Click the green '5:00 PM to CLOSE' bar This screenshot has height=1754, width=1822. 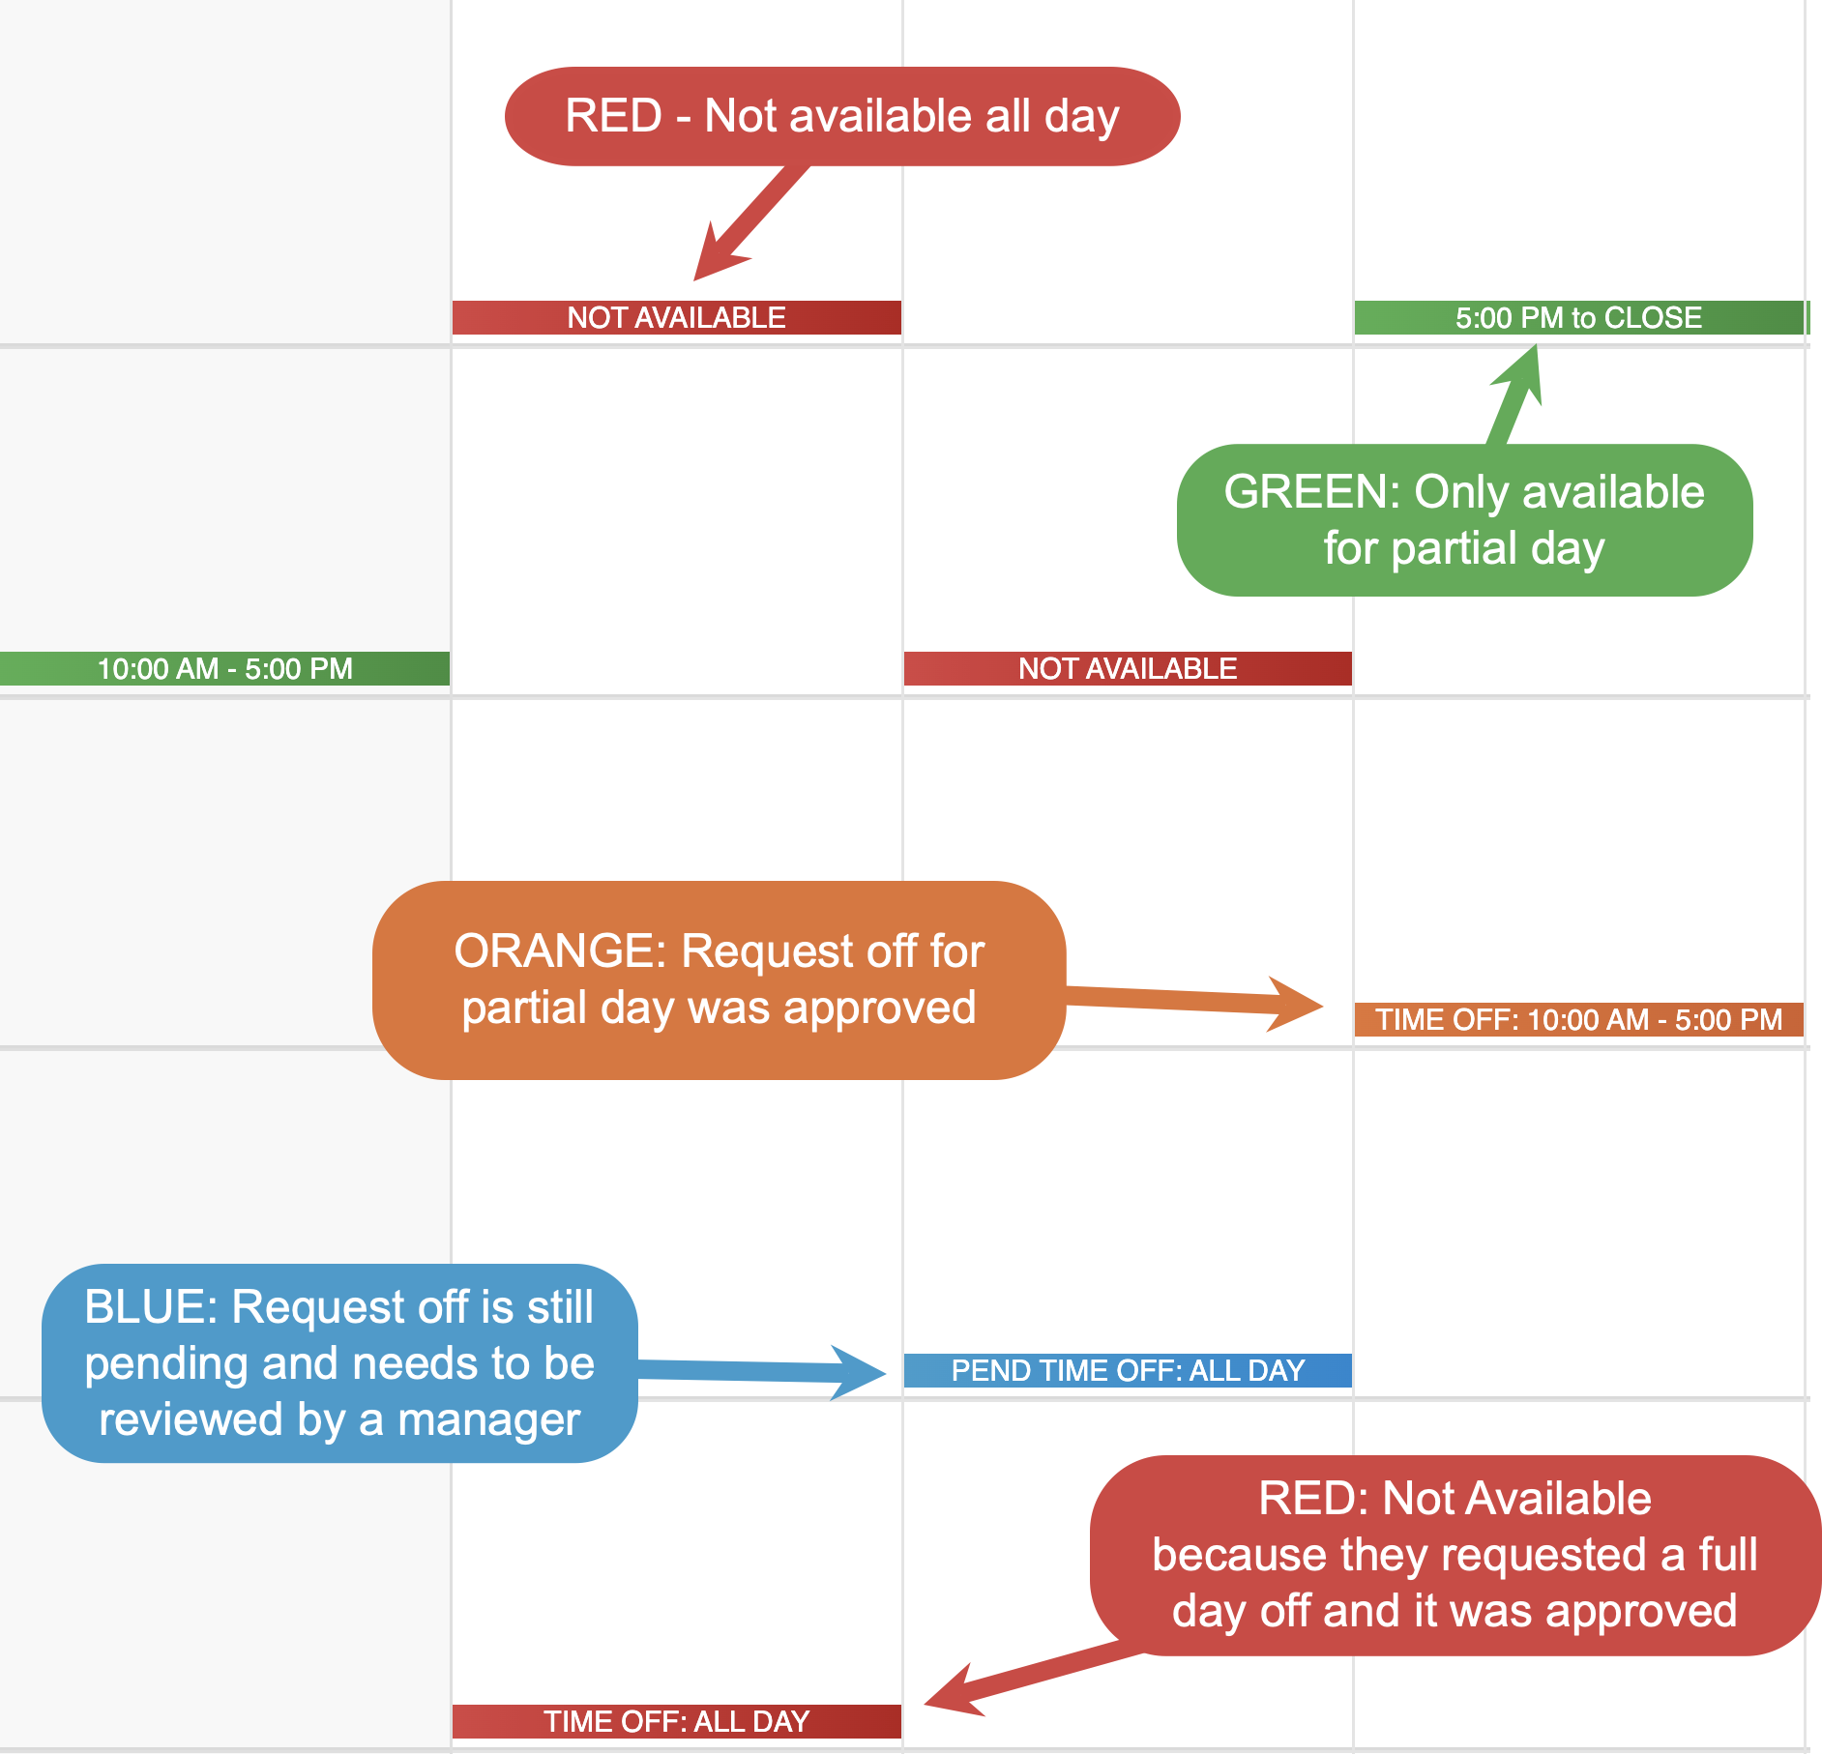(1578, 318)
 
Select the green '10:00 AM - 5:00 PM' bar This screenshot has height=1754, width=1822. (224, 669)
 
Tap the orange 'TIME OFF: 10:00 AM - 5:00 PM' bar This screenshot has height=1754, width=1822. (1578, 1020)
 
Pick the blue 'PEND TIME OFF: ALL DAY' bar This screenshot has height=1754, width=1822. (1128, 1371)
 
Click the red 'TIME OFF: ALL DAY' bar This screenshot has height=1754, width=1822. (677, 1722)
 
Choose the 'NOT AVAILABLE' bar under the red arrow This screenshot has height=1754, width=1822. (677, 318)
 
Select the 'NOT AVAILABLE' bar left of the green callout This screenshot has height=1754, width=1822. (1128, 669)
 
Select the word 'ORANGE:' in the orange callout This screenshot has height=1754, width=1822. (560, 951)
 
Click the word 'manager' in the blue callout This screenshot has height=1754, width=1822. (488, 1420)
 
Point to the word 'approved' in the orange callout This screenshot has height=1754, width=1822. (879, 1008)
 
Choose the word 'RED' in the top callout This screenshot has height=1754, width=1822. (613, 116)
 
